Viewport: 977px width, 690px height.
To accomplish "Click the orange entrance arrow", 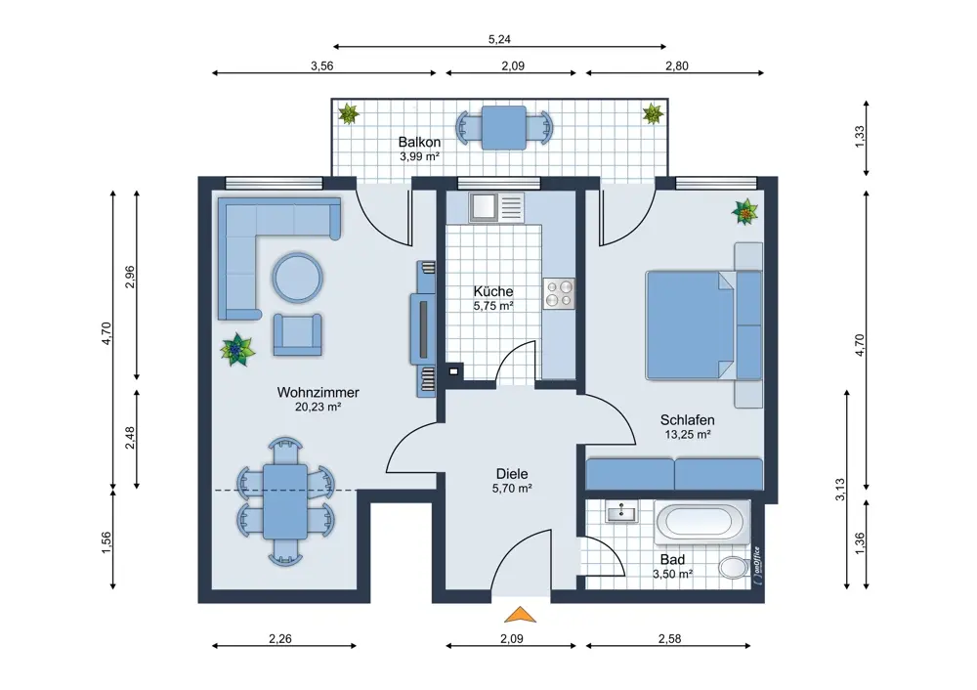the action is click(x=521, y=615).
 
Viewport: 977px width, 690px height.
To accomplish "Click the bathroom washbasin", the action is click(x=621, y=512).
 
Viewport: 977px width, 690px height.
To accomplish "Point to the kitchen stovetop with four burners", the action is click(x=559, y=293).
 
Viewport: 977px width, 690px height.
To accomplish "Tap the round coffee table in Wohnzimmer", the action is click(x=297, y=278).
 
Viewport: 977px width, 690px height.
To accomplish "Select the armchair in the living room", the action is click(x=297, y=335).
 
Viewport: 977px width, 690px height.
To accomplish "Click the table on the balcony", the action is click(x=504, y=128).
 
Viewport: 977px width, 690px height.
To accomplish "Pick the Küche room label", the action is click(x=493, y=291).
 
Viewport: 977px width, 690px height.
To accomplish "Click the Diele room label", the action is click(x=512, y=474).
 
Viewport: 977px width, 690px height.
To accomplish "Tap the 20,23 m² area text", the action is click(x=318, y=407).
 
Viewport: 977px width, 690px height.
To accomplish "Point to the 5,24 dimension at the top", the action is click(x=499, y=39).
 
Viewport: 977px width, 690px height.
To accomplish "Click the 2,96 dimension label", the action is click(x=130, y=278).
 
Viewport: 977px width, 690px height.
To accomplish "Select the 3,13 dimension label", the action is click(x=840, y=490).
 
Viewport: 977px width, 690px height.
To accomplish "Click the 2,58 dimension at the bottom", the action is click(x=670, y=639).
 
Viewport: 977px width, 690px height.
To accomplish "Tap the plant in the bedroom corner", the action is click(x=745, y=212).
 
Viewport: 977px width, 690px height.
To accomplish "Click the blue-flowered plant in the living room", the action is click(x=237, y=350).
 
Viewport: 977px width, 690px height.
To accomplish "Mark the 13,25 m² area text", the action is click(x=688, y=435).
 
